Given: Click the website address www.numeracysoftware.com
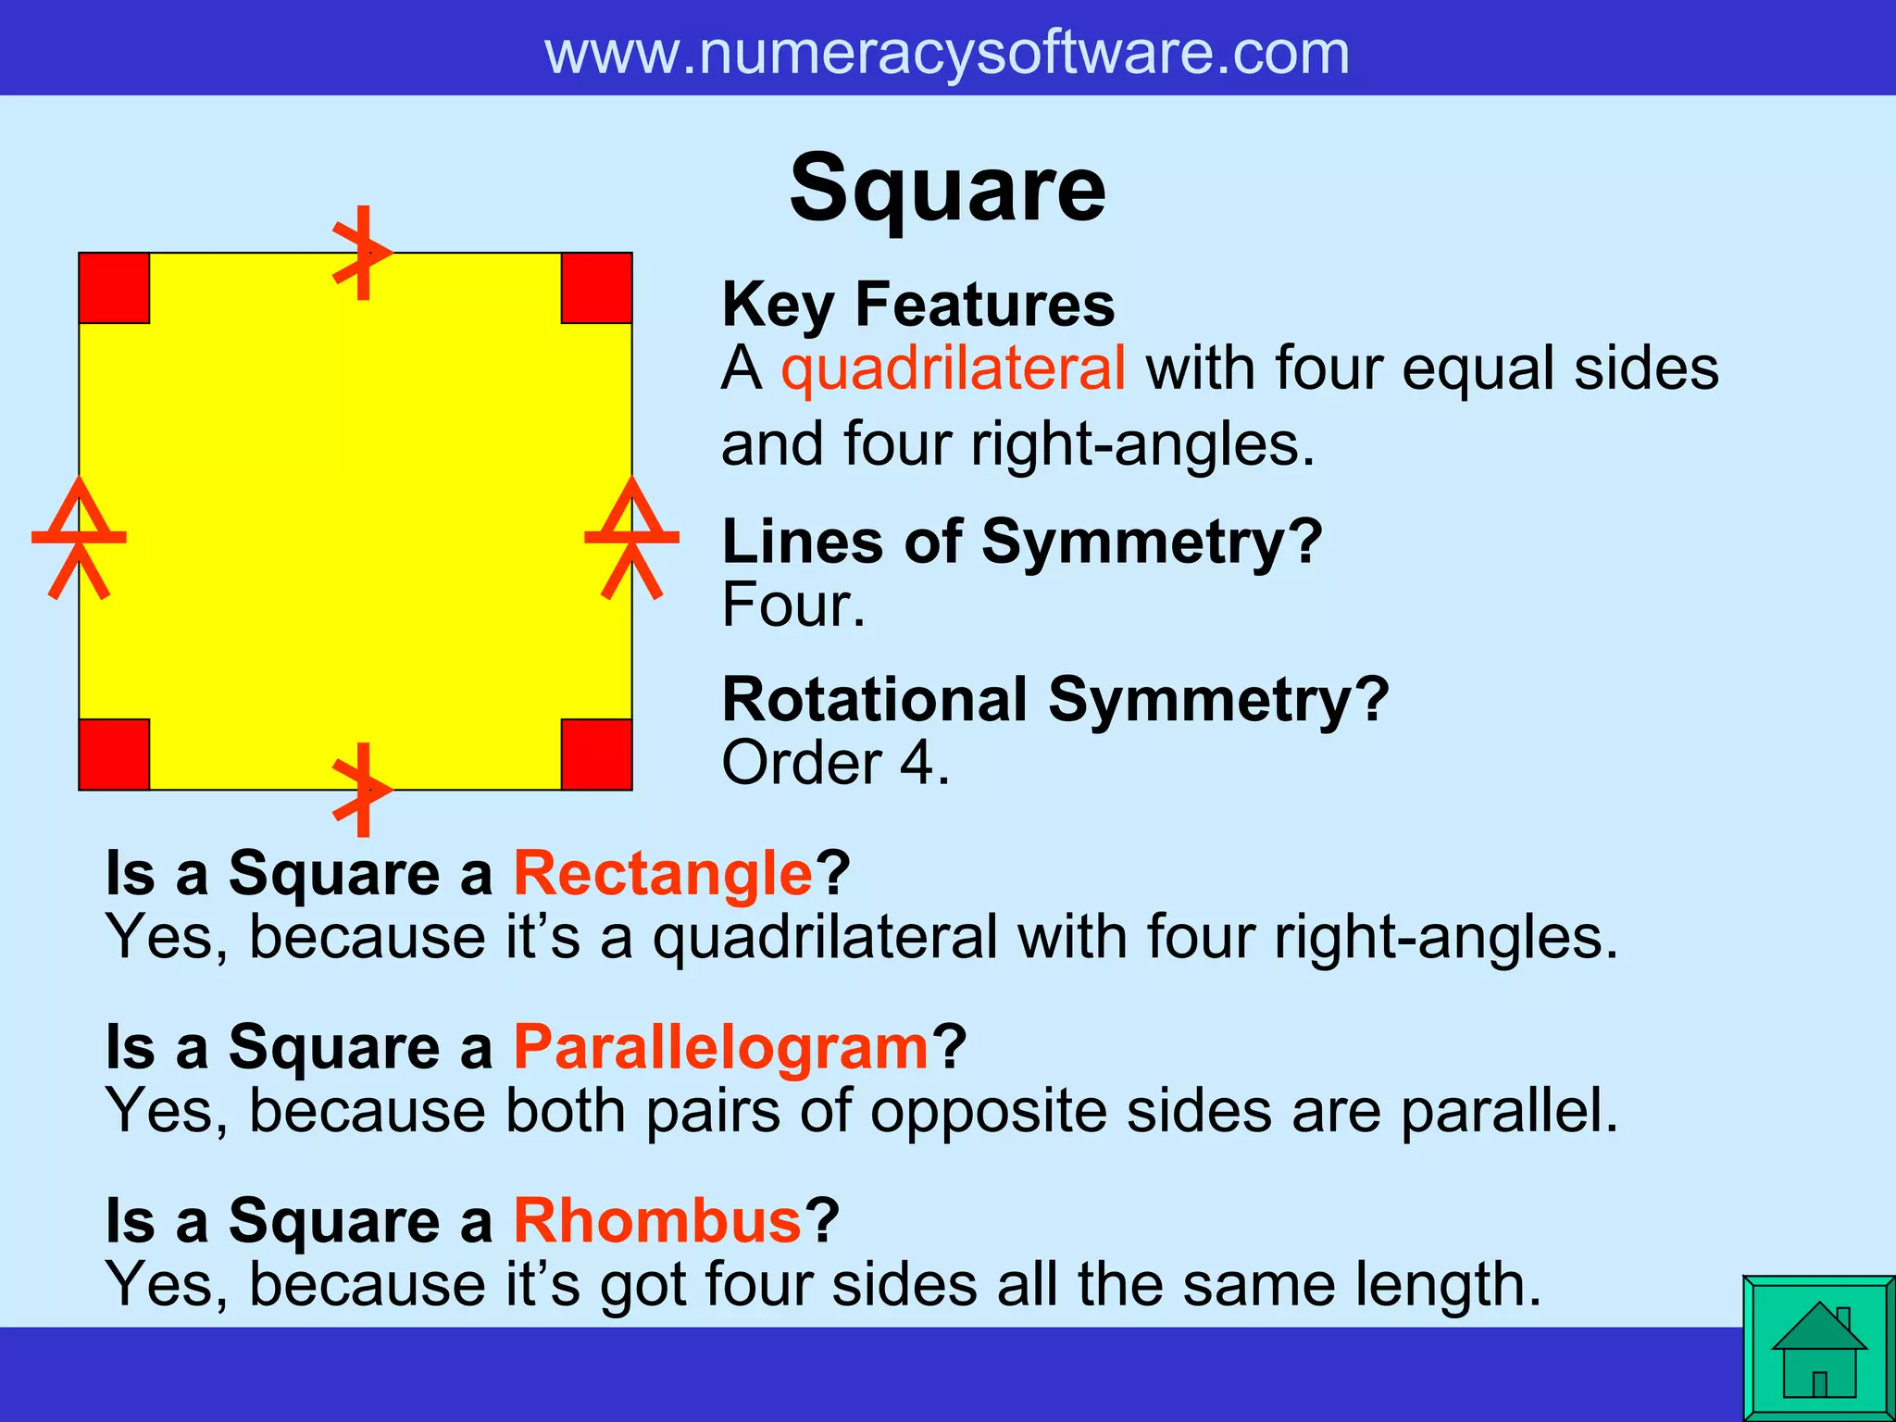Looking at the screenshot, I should pos(947,53).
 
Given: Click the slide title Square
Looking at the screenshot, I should pos(947,190).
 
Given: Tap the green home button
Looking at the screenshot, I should pos(1818,1348).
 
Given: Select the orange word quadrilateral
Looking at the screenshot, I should pos(954,368).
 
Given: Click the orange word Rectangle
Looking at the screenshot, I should pos(663,873).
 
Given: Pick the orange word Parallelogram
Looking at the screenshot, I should pos(721,1047).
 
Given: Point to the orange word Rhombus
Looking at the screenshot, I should pos(657,1221).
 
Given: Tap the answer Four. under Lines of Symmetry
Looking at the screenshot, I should pos(793,605).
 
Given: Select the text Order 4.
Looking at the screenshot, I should pos(835,764).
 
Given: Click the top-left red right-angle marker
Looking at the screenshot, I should pos(114,288).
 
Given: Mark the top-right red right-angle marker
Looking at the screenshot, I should pos(597,288).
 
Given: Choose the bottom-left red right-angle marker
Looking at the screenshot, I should pos(114,755).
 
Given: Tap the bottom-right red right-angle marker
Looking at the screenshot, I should pos(597,755).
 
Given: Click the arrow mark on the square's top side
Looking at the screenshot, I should pos(363,253).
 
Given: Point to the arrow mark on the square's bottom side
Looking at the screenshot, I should pos(363,790).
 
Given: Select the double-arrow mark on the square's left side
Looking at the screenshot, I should pos(79,537).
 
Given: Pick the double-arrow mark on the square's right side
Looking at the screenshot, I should pos(632,537).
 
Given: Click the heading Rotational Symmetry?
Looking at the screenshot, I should pos(1055,699).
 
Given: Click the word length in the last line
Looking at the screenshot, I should pos(1448,1285).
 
